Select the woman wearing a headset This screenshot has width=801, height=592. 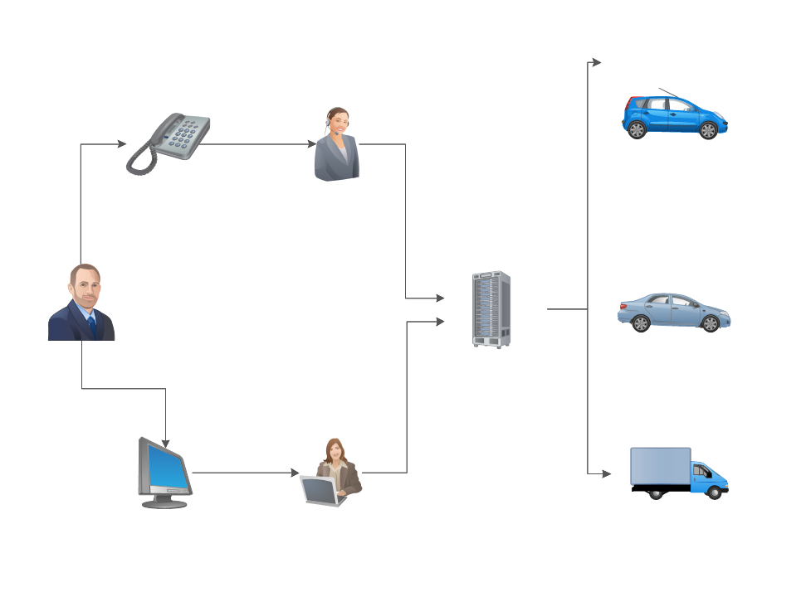point(337,145)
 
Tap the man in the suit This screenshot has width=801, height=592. point(81,303)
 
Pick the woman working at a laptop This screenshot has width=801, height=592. point(333,473)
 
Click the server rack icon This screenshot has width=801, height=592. point(491,308)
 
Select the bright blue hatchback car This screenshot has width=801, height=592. point(674,117)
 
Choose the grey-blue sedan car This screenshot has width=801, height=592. point(673,313)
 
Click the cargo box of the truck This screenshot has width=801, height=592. point(661,467)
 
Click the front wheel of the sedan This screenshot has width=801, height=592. point(711,324)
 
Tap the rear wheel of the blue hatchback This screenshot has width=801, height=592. point(637,130)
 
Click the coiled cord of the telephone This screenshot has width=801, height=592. point(140,158)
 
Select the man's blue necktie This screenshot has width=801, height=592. point(91,324)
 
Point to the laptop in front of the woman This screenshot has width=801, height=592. point(320,491)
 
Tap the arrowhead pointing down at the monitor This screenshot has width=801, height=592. point(166,444)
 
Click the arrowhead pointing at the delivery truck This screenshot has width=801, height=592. point(606,473)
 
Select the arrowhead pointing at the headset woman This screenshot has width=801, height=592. point(311,144)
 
